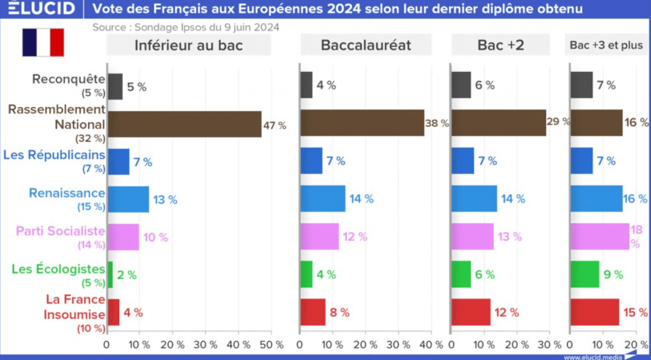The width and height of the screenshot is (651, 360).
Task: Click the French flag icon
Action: [x=43, y=42]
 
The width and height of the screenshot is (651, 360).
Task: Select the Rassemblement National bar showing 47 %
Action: [x=184, y=124]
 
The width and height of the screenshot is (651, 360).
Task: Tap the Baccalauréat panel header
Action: [x=366, y=45]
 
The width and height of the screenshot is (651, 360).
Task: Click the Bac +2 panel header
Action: [x=500, y=45]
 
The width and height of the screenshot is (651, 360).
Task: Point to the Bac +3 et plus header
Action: [x=606, y=45]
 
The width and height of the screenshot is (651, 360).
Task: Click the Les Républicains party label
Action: [x=54, y=155]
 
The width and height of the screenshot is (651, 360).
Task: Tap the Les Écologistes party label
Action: [x=58, y=268]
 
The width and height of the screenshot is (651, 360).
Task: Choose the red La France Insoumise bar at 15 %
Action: [x=594, y=312]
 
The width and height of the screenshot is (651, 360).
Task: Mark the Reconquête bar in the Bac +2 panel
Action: [x=461, y=85]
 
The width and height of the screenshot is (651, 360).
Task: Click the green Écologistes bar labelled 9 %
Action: [x=585, y=275]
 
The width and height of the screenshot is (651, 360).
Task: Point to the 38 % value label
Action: [x=436, y=124]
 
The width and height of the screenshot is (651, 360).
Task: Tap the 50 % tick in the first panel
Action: [x=271, y=344]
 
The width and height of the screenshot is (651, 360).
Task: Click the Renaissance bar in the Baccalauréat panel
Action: [x=322, y=199]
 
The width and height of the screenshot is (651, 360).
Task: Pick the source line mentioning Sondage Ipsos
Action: [x=185, y=27]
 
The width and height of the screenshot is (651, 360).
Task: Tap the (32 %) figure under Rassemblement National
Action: [x=91, y=137]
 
